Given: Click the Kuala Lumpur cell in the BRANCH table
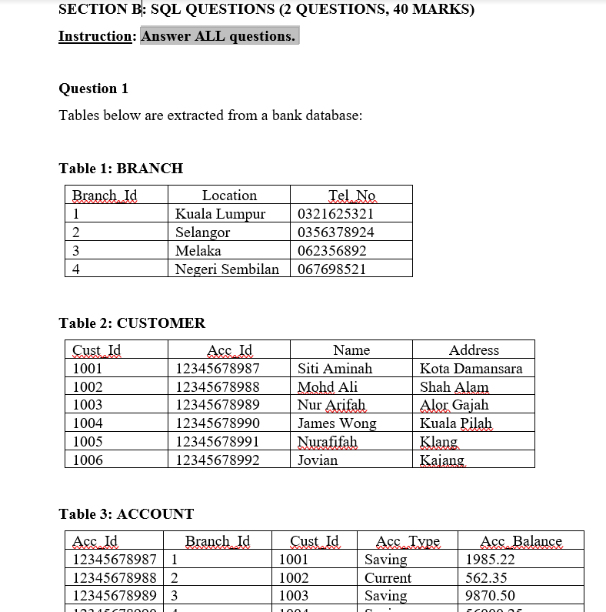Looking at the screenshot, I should coord(220,214).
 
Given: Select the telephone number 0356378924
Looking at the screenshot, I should coord(335,232).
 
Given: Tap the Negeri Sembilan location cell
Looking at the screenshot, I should coord(227,269).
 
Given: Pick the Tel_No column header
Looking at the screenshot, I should coord(351,196).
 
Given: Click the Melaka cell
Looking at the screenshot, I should coord(198,251).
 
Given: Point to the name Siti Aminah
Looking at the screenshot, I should coord(335,369).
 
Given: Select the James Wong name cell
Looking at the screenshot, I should coord(337,423).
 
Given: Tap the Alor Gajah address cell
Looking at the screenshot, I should coord(454,405).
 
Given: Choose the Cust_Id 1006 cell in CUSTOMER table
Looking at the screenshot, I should coord(88,460).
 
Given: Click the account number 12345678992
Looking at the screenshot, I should coord(218,460).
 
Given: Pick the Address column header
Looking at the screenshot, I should coord(474,350).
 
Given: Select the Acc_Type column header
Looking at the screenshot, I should coord(408,541).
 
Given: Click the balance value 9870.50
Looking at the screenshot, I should coord(490,596).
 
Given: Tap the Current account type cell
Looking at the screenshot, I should coord(388,578).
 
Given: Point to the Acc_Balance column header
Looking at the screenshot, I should coord(521,541).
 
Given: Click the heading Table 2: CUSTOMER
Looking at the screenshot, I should coord(132,323).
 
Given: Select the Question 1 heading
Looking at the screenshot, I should coord(94,89).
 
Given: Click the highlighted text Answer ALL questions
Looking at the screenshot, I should coord(218,36).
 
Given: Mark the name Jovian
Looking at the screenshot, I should coord(318,460).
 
